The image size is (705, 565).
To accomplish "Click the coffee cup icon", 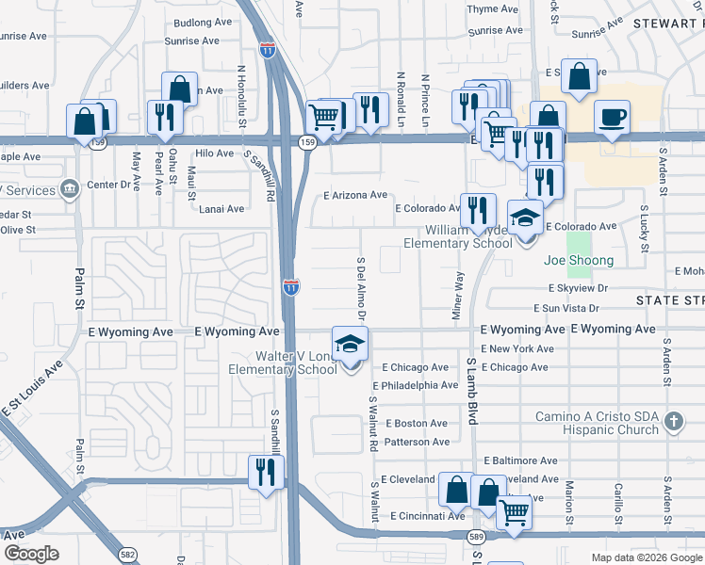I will click(x=612, y=118).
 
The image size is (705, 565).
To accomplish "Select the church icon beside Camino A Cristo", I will click(x=674, y=421).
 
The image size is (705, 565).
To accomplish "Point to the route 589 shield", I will click(x=476, y=536).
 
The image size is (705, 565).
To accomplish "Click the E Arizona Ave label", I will click(x=355, y=196).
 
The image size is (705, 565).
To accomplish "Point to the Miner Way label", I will click(x=459, y=296).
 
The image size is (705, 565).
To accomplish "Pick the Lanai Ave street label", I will click(x=221, y=209).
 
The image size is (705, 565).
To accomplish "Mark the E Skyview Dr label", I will click(x=591, y=289).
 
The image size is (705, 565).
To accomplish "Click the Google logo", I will click(x=31, y=554).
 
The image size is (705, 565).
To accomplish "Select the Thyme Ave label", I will click(x=493, y=9).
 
